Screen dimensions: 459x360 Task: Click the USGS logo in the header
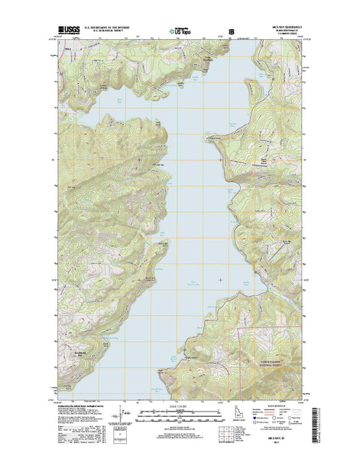(x=67, y=31)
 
